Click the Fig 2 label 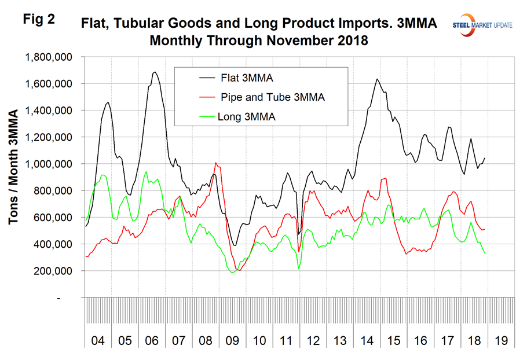tap(39, 19)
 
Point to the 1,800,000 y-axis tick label tap(47, 57)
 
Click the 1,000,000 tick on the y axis tap(47, 164)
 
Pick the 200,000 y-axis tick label tap(52, 271)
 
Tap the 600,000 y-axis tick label tap(52, 218)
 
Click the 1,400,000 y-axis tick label tap(47, 111)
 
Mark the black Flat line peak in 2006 tap(155, 72)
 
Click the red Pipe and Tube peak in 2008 tap(216, 163)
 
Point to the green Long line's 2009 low tap(233, 272)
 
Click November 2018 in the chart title tap(325, 42)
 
